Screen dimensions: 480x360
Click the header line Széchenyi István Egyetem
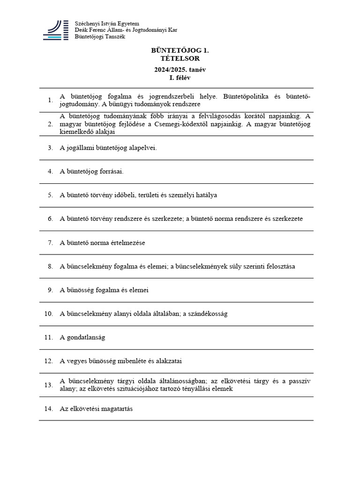click(107, 23)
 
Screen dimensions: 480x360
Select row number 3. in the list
click(50, 148)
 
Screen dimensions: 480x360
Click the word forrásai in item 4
click(112, 172)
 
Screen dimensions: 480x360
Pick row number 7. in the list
click(50, 243)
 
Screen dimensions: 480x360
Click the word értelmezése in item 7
click(128, 243)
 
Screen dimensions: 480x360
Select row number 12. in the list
click(49, 361)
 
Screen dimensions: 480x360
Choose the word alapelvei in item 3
click(141, 148)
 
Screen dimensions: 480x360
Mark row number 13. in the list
click(49, 385)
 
